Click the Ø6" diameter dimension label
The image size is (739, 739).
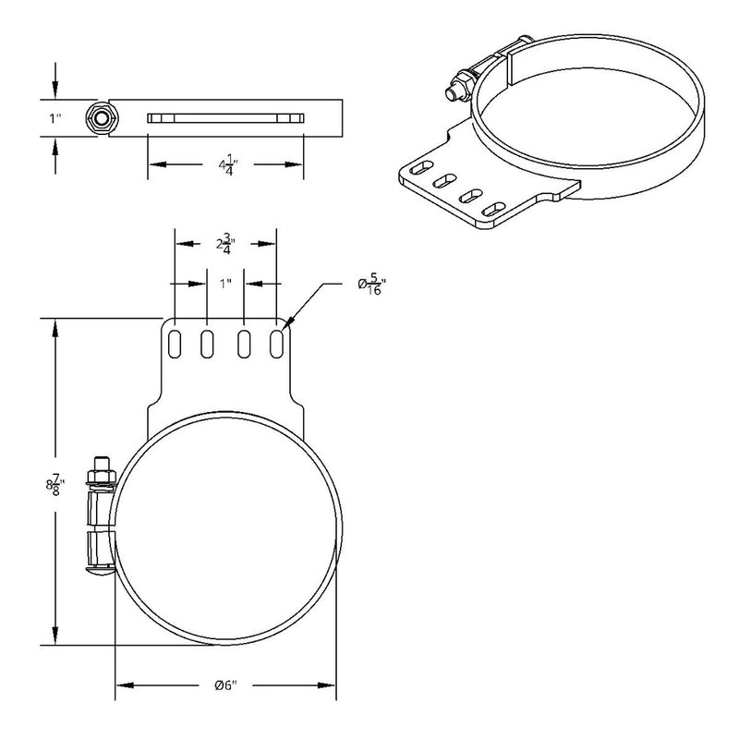[x=225, y=684]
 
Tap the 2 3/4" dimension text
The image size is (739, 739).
[x=224, y=245]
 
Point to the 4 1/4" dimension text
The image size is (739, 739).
[x=224, y=165]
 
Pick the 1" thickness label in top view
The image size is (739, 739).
[x=30, y=118]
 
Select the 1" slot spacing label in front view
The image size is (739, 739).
[x=225, y=284]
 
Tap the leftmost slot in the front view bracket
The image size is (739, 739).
[x=174, y=342]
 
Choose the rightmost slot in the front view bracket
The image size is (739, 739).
[x=276, y=342]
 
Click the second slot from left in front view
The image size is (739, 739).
[x=208, y=342]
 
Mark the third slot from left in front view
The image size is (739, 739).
[x=244, y=342]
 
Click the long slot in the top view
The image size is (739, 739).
[x=225, y=117]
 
